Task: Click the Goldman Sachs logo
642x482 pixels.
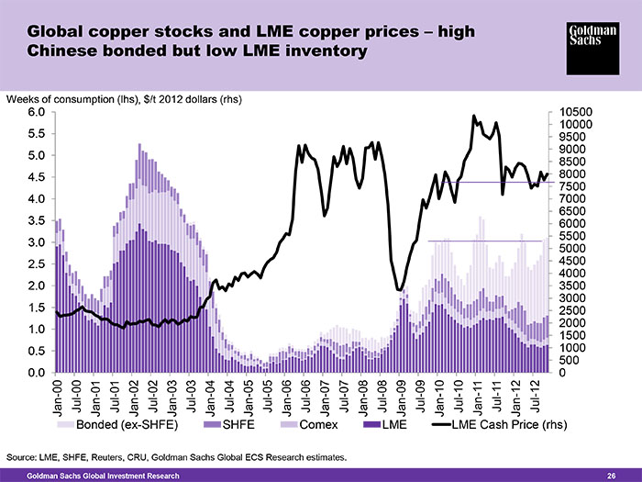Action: click(592, 49)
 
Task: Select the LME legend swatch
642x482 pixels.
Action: click(372, 424)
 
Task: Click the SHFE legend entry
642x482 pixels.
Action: click(229, 424)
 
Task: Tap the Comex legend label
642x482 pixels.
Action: click(318, 424)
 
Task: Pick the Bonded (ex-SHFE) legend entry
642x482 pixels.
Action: click(117, 424)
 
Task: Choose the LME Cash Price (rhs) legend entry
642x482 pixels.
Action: click(501, 424)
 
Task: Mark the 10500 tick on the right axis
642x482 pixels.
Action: click(576, 112)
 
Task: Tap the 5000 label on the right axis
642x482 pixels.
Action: click(573, 249)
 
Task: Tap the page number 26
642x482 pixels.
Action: click(612, 476)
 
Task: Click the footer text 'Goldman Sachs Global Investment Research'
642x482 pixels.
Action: click(103, 476)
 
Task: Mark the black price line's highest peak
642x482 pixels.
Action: click(474, 116)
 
